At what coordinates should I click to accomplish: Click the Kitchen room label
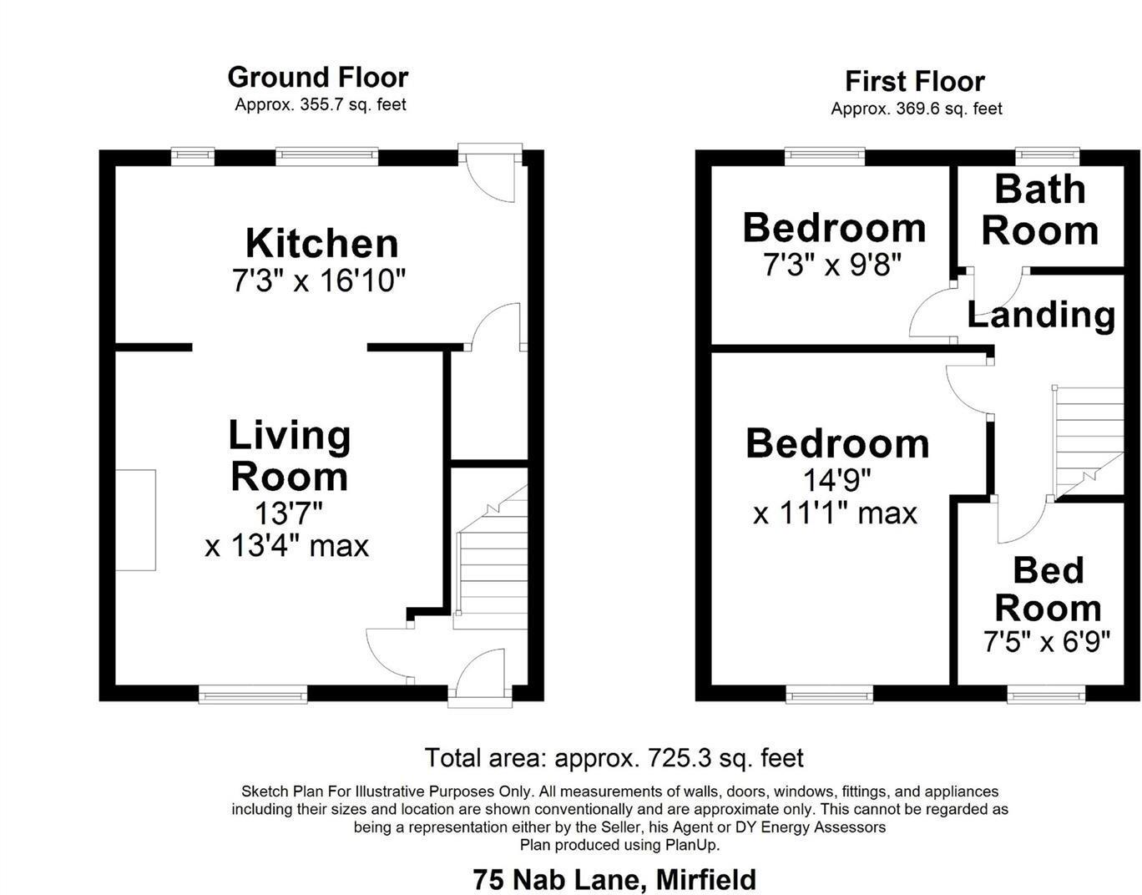pyautogui.click(x=321, y=243)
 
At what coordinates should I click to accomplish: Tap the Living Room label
pyautogui.click(x=289, y=456)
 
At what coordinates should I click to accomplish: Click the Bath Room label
pyautogui.click(x=1039, y=210)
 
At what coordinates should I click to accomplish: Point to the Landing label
pyautogui.click(x=1041, y=315)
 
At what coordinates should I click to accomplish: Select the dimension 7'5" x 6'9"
pyautogui.click(x=1047, y=642)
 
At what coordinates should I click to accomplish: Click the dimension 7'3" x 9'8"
pyautogui.click(x=833, y=265)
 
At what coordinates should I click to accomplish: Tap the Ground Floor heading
pyautogui.click(x=318, y=77)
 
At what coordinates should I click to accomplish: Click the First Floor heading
pyautogui.click(x=915, y=81)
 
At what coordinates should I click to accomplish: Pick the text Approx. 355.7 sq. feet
pyautogui.click(x=321, y=104)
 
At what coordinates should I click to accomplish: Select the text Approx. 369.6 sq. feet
pyautogui.click(x=917, y=109)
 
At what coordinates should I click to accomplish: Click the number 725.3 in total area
pyautogui.click(x=678, y=758)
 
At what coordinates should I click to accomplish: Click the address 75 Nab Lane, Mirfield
pyautogui.click(x=614, y=880)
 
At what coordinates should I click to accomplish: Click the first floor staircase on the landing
pyautogui.click(x=1089, y=442)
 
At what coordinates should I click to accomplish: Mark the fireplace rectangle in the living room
pyautogui.click(x=135, y=520)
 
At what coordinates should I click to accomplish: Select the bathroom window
pyautogui.click(x=1047, y=156)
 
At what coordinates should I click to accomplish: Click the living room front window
pyautogui.click(x=253, y=694)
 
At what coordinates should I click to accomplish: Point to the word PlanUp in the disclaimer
pyautogui.click(x=691, y=845)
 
